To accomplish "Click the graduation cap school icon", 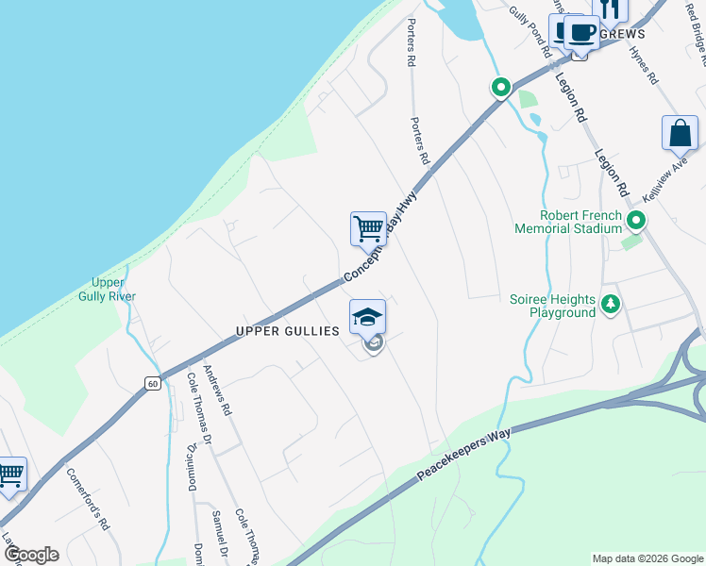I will (x=367, y=316).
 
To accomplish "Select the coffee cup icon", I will (x=581, y=33).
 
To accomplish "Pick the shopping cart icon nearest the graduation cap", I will (x=368, y=227).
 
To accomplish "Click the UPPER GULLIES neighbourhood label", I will (x=288, y=331).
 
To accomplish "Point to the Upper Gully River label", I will (x=114, y=290).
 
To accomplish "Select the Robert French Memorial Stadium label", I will (x=568, y=222).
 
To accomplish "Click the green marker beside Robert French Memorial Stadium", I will (x=636, y=222).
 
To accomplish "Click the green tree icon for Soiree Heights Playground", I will (x=611, y=304).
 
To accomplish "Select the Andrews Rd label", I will (x=217, y=391).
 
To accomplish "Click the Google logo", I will (x=31, y=555).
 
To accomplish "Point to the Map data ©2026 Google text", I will (x=647, y=558).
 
